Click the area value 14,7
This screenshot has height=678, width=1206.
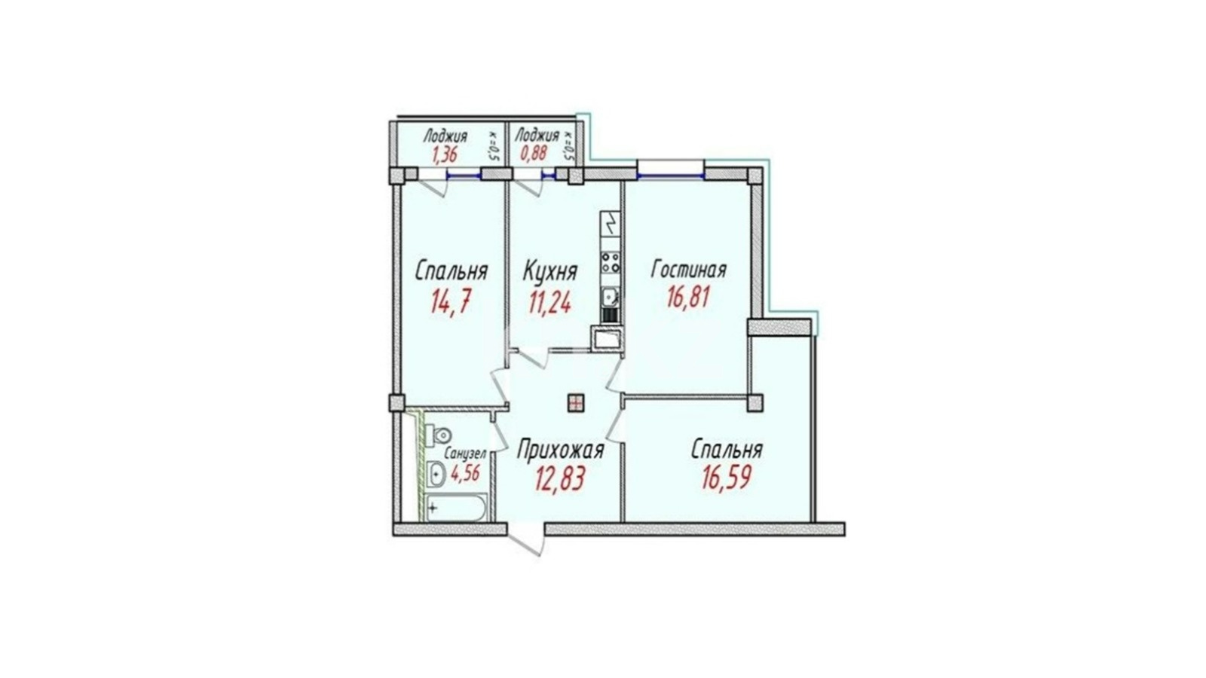451,303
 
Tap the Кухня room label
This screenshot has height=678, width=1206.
549,271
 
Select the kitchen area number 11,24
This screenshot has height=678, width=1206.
549,303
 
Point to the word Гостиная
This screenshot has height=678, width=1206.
689,269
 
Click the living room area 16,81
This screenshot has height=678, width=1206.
689,297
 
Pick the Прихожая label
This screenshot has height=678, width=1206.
560,450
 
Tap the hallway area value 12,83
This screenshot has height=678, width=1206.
560,479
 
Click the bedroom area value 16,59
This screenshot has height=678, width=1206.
727,478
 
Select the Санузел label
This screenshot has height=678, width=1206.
465,454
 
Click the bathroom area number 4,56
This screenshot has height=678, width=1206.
465,474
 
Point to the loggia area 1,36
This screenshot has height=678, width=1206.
444,155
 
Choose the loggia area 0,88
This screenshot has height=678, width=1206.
533,154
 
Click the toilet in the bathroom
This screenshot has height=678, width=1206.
438,434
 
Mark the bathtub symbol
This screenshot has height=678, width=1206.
456,508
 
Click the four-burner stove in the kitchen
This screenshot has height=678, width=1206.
611,263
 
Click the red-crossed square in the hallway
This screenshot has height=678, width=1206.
576,402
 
